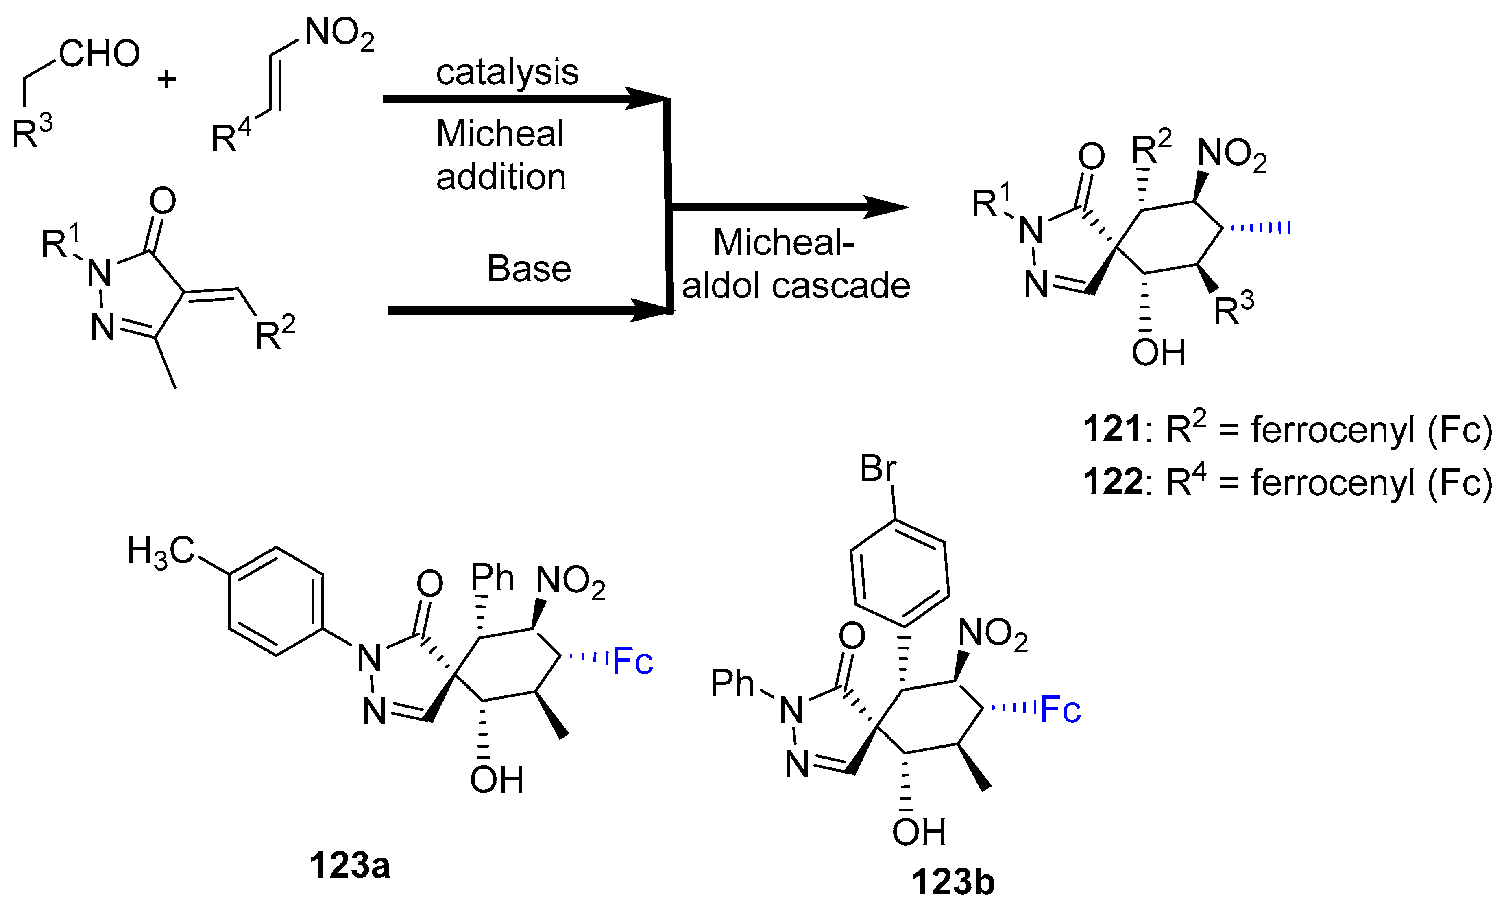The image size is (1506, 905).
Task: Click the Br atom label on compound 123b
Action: pos(878,469)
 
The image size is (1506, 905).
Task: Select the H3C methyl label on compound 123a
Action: pos(160,552)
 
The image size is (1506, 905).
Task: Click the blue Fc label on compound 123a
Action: pos(633,662)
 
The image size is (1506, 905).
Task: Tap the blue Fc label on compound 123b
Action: pos(1061,710)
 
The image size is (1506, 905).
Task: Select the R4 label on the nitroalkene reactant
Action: pos(230,137)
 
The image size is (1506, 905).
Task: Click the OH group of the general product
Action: pos(1158,352)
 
